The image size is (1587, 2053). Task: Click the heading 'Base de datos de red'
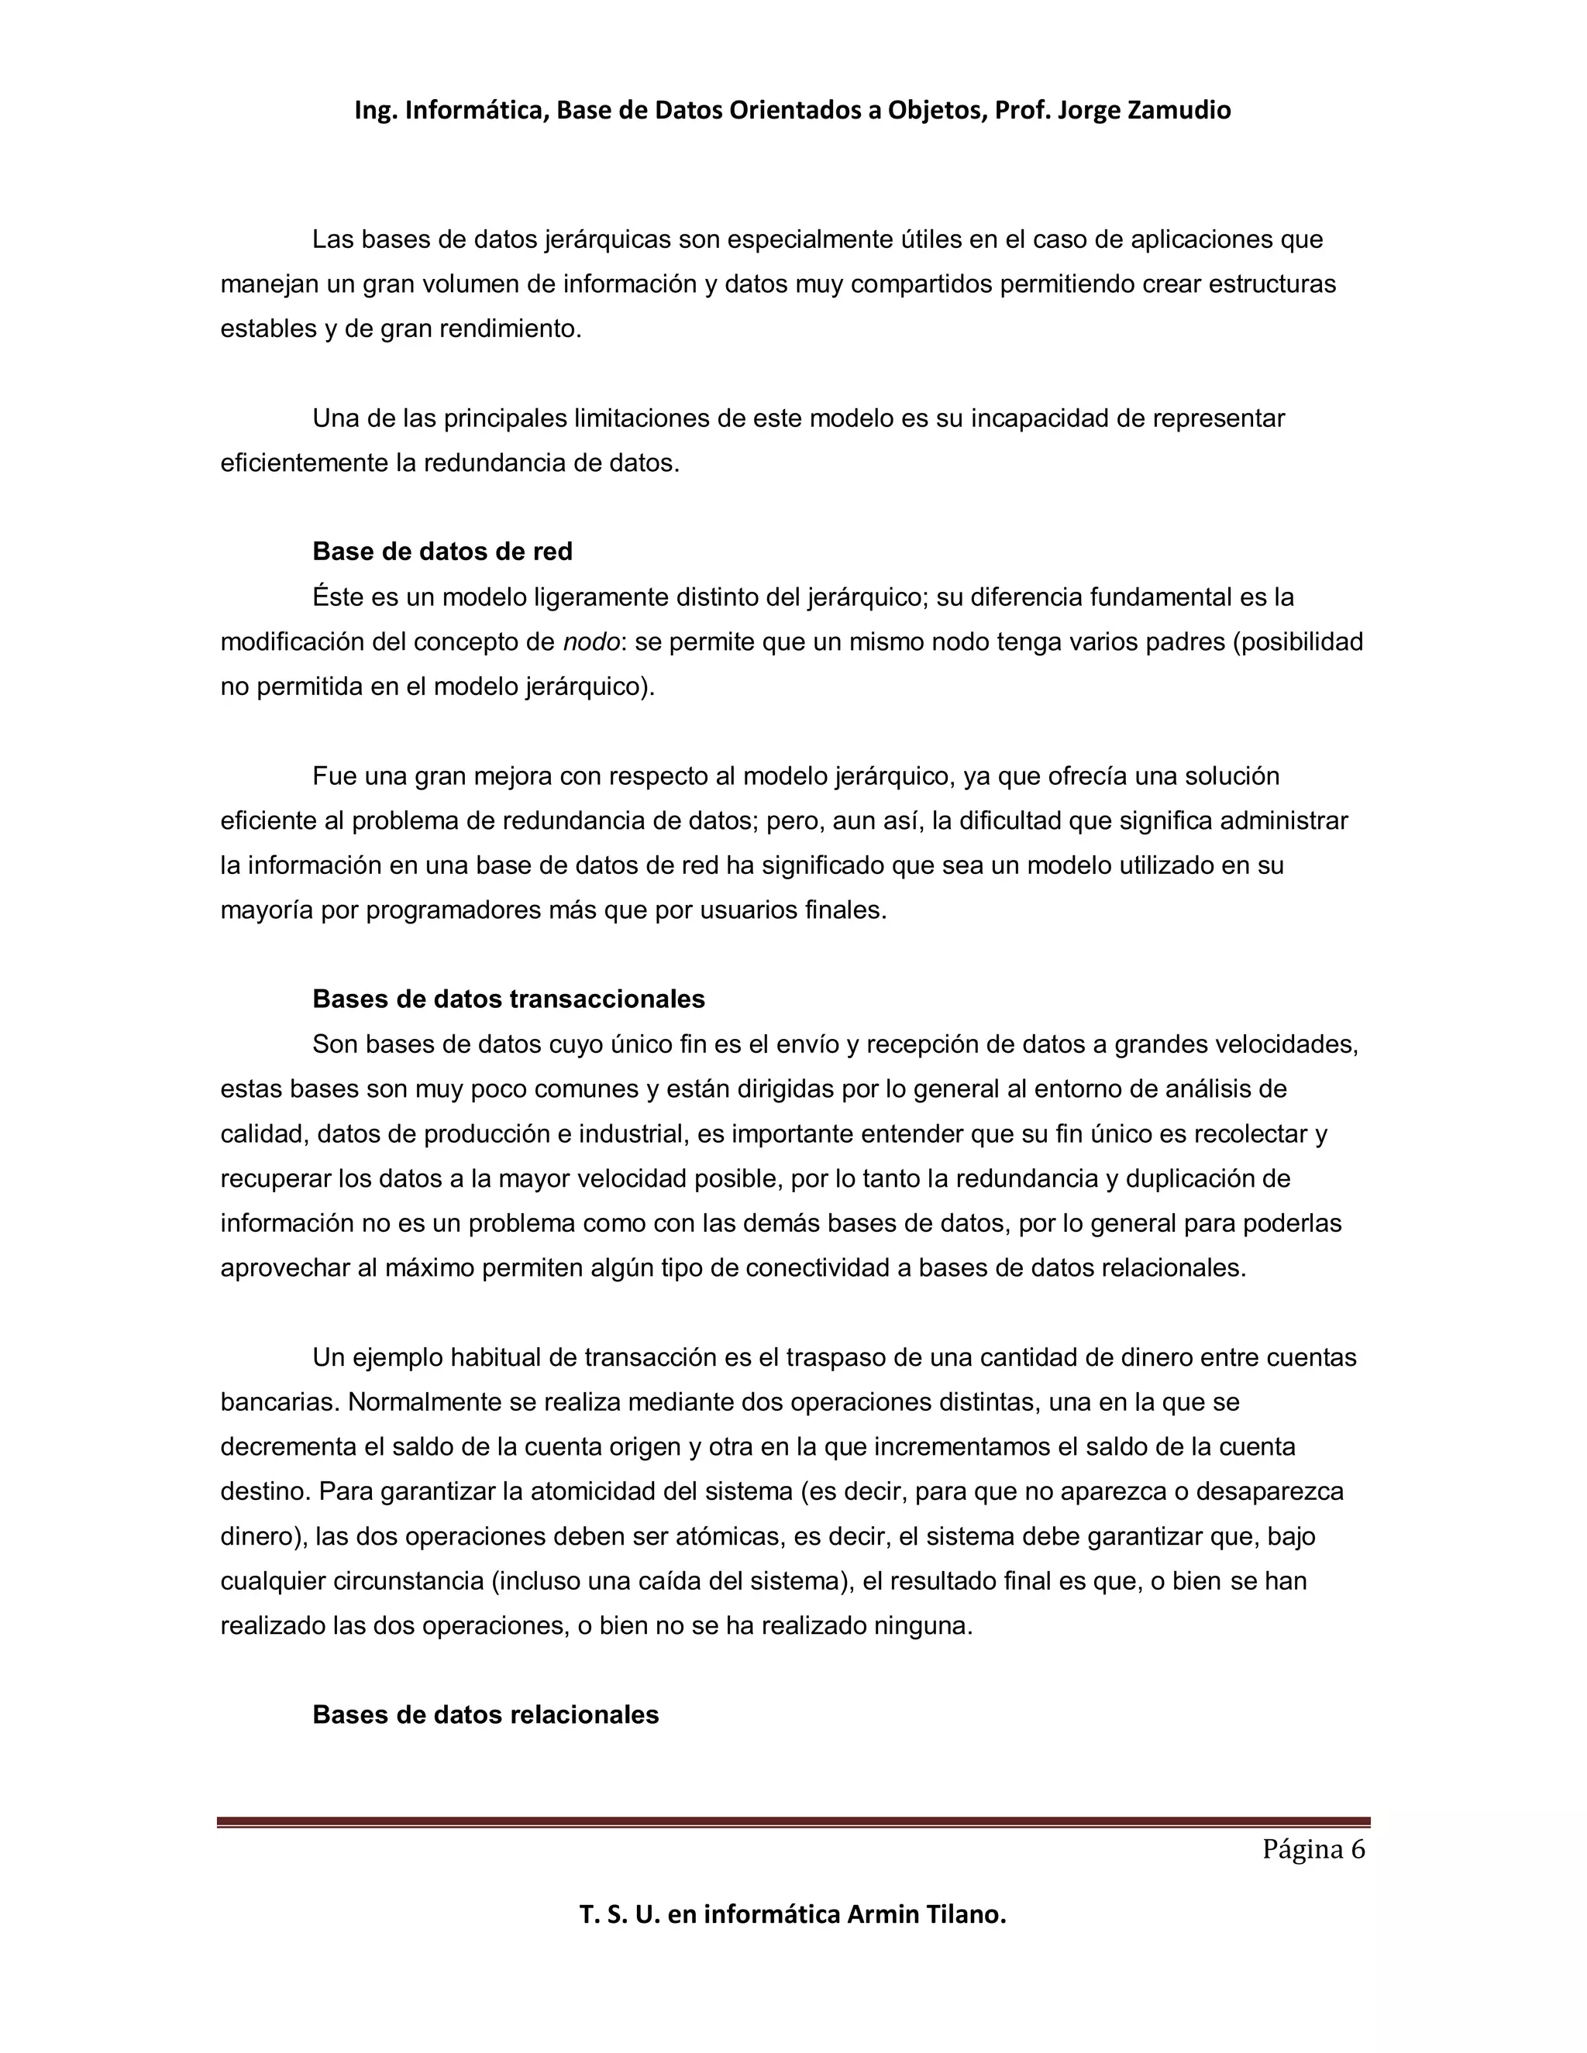[442, 552]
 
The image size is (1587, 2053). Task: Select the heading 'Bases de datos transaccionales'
[508, 999]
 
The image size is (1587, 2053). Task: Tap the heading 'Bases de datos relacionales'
[485, 1714]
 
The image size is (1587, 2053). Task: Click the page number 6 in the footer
[1358, 1850]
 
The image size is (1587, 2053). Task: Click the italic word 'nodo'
[591, 642]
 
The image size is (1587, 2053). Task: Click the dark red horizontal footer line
[793, 1822]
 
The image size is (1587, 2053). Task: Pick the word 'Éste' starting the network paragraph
[340, 597]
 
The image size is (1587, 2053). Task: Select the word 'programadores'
[456, 910]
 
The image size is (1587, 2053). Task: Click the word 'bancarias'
[278, 1402]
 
